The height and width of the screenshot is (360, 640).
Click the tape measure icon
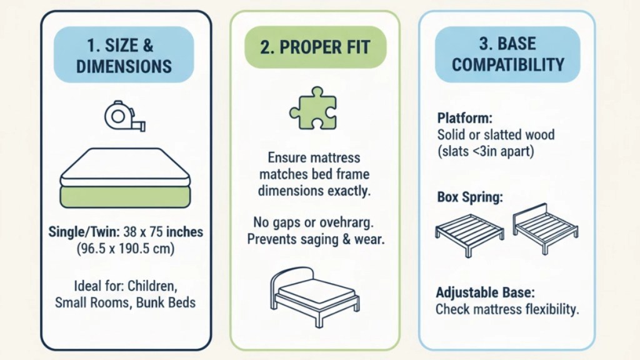point(125,117)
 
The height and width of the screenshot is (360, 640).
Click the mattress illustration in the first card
point(125,178)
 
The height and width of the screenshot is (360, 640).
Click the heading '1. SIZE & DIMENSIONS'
point(124,55)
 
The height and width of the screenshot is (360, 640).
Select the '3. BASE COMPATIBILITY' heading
point(507,54)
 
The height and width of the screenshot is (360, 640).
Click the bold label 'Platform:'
point(464,119)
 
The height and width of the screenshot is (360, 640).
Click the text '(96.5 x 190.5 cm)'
point(125,247)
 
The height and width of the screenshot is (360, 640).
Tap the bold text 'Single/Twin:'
point(83,232)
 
